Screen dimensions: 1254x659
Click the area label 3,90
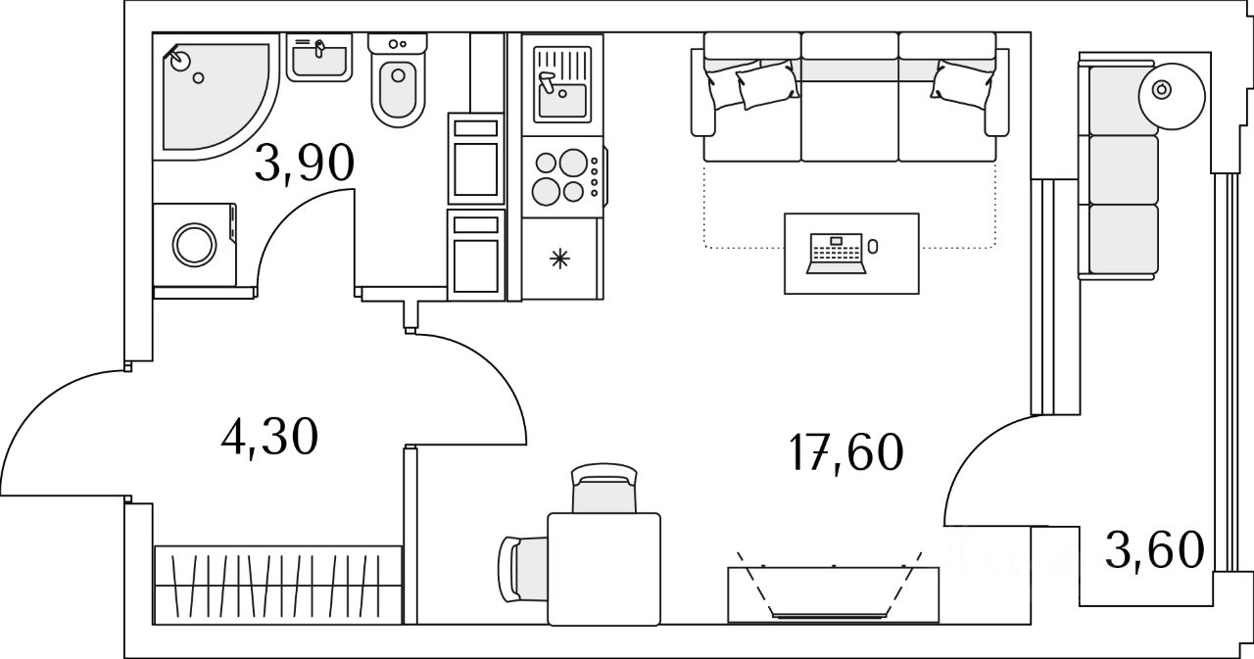tap(305, 163)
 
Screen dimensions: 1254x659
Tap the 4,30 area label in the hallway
tap(269, 437)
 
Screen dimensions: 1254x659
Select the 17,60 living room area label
tap(845, 452)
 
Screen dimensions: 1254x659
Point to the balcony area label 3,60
tap(1155, 550)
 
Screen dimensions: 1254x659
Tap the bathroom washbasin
tap(319, 57)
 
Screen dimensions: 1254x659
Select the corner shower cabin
tap(216, 96)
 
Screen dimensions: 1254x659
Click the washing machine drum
tap(195, 246)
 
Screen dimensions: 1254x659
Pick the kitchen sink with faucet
tap(562, 84)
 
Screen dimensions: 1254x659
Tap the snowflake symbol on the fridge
tap(559, 259)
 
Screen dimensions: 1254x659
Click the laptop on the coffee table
tap(837, 254)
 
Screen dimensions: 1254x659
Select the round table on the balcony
tap(1172, 96)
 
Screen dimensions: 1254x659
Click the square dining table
tap(604, 569)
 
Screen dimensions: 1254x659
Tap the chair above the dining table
tap(604, 488)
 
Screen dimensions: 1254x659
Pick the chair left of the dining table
tap(523, 568)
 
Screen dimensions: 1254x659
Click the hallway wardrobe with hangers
tap(278, 586)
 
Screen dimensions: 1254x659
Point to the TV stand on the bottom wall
tap(833, 594)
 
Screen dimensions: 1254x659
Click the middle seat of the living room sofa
tap(849, 98)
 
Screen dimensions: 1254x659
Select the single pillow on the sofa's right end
tap(962, 84)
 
